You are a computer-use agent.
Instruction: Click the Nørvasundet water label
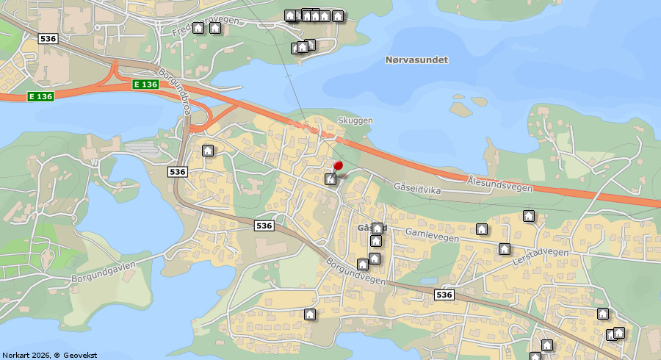416,60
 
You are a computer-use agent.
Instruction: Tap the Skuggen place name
355,120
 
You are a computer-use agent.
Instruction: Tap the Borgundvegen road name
356,271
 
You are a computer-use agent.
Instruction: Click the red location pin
338,166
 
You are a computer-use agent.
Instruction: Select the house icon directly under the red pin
331,179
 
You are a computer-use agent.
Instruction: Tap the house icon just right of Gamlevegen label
482,229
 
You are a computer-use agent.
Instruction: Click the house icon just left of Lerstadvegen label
505,249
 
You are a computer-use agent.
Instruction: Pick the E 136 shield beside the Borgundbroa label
146,84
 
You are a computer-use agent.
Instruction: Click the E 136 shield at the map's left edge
40,96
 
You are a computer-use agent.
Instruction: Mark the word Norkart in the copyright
17,355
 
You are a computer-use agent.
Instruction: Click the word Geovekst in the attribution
80,355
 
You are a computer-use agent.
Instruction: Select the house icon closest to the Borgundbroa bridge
208,151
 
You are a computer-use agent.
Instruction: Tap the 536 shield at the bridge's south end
178,171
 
